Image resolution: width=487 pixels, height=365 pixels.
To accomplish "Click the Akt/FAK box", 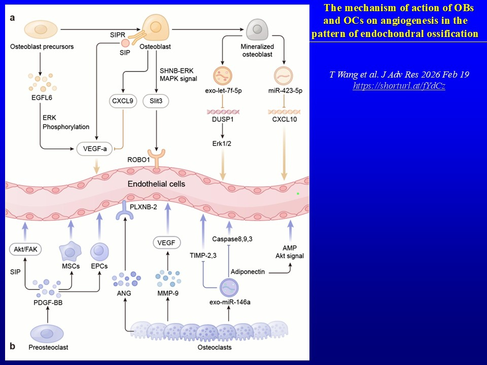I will [25, 249].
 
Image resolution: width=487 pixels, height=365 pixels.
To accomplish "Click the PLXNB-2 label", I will [145, 206].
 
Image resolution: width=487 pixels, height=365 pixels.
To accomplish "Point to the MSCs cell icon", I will [71, 251].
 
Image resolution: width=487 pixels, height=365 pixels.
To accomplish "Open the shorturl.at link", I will [399, 86].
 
